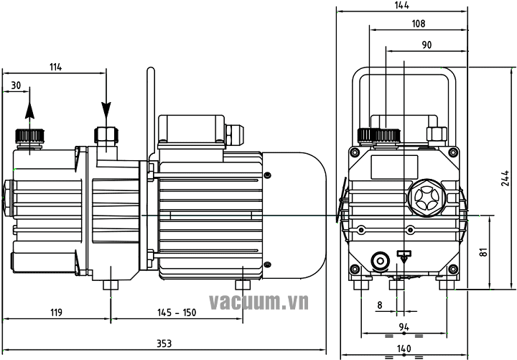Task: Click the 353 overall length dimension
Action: [x=164, y=343]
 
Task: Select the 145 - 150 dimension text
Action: [x=177, y=312]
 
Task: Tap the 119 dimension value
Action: [x=56, y=312]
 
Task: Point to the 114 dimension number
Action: [x=55, y=67]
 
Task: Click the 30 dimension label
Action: [x=16, y=86]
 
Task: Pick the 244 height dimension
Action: [x=505, y=178]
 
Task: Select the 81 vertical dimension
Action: [x=484, y=252]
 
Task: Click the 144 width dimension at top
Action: [x=401, y=5]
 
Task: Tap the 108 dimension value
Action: [x=419, y=24]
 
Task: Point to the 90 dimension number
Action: [x=427, y=45]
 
